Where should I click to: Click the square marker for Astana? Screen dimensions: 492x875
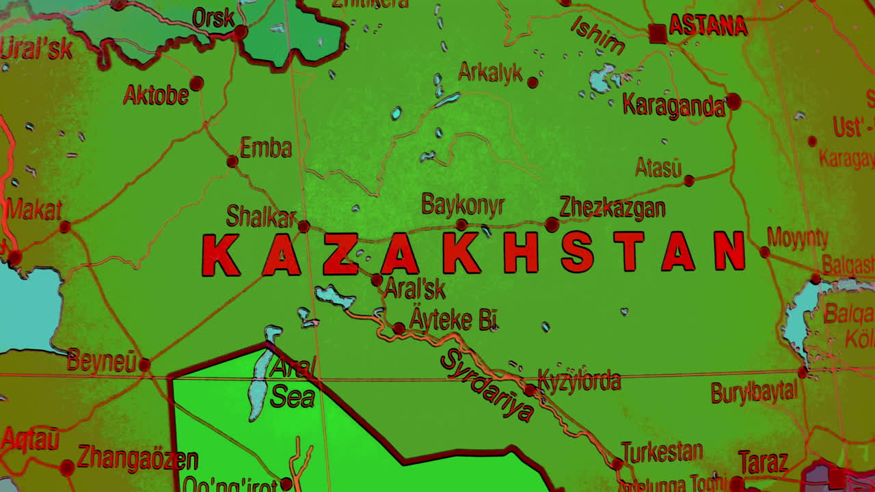coord(658,33)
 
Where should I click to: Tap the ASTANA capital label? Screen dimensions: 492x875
coord(708,26)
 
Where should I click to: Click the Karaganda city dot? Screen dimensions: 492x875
coord(733,102)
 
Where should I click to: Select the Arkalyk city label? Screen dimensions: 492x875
coord(490,72)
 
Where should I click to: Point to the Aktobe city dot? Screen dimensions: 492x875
coord(197,83)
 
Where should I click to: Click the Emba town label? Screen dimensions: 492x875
coord(265,148)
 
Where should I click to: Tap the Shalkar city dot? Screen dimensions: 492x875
coord(304,226)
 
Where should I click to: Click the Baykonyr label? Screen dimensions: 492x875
coord(463,205)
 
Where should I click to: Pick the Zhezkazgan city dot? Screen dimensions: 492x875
coord(552,224)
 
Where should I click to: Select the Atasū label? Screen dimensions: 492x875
coord(658,167)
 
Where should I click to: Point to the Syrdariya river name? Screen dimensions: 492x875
coord(487,385)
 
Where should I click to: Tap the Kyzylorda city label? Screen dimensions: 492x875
coord(580,381)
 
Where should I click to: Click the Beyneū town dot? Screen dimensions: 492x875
coord(144,365)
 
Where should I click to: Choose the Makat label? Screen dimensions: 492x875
coord(34,210)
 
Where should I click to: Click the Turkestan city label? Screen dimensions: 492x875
coord(662,452)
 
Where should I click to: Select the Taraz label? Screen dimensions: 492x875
coord(763,463)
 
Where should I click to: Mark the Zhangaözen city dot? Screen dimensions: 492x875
coord(67,468)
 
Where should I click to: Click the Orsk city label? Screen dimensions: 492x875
coord(213,18)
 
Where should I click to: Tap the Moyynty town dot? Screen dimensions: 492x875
coord(765,252)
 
